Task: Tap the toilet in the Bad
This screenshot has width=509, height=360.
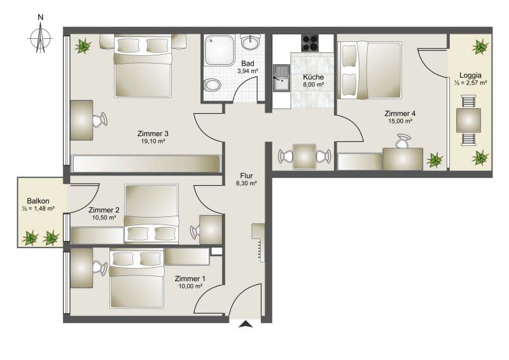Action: [213, 86]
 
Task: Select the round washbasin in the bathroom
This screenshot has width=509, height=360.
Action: [251, 42]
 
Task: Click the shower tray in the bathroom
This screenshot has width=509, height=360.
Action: [220, 51]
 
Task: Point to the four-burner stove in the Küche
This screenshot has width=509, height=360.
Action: [310, 43]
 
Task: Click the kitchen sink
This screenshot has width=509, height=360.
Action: [281, 78]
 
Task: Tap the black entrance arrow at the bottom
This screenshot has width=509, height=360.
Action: [246, 324]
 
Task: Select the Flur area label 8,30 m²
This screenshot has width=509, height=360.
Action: [247, 183]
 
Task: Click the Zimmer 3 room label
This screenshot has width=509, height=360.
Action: [153, 134]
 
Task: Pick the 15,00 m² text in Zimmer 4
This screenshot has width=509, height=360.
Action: [400, 121]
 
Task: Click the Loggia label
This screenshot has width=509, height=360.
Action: [470, 75]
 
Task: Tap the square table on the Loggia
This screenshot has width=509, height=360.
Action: [468, 120]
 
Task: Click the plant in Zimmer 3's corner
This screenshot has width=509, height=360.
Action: [83, 46]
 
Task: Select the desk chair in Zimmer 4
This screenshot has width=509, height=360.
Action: [403, 141]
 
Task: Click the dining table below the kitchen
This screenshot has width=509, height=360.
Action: [305, 157]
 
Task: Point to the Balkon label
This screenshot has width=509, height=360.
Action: [38, 201]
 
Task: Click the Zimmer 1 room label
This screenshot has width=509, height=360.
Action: [190, 279]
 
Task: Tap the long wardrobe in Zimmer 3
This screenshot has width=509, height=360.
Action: [146, 164]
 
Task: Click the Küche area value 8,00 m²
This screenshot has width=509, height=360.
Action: [313, 85]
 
